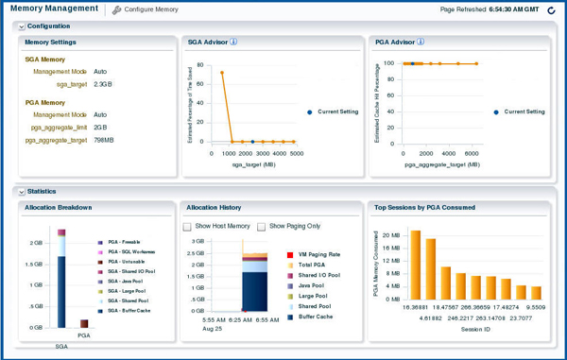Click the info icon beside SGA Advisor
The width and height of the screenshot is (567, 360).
pyautogui.click(x=233, y=43)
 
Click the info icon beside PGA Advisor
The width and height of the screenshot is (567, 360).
pyautogui.click(x=421, y=43)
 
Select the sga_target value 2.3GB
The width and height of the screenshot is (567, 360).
pyautogui.click(x=104, y=84)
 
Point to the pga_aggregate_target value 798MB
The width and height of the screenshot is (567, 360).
pyautogui.click(x=104, y=140)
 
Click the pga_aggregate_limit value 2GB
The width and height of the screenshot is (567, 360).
pyautogui.click(x=101, y=127)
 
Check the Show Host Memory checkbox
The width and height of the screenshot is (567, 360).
pyautogui.click(x=188, y=227)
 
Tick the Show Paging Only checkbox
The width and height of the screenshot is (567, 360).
pyautogui.click(x=262, y=227)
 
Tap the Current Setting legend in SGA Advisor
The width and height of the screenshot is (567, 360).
pyautogui.click(x=333, y=111)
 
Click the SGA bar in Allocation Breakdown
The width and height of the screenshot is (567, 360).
pyautogui.click(x=61, y=279)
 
